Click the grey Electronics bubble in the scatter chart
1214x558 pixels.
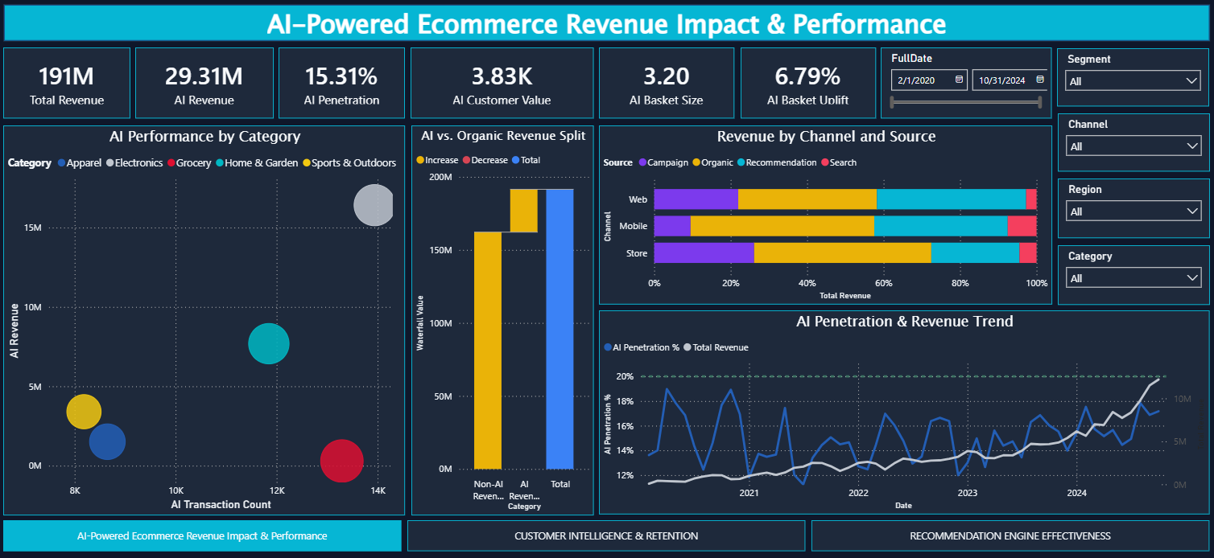(x=374, y=205)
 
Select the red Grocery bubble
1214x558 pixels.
(x=341, y=461)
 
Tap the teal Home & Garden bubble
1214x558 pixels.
(x=268, y=343)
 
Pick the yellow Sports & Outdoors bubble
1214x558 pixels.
(x=84, y=412)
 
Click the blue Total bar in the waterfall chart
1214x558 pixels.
(x=560, y=328)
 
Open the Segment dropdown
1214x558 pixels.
(x=1133, y=81)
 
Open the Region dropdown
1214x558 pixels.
(x=1133, y=211)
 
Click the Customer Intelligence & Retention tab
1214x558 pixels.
(x=606, y=535)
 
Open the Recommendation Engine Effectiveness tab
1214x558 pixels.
(x=1010, y=535)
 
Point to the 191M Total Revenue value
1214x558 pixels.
(x=67, y=76)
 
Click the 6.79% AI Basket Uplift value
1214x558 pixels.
(x=807, y=76)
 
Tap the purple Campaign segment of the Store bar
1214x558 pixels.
(x=704, y=252)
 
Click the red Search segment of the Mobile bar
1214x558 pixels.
(x=1022, y=226)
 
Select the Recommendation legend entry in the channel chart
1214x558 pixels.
(x=780, y=162)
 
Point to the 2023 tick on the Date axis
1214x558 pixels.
(x=967, y=493)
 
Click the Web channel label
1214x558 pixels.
(x=638, y=199)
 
